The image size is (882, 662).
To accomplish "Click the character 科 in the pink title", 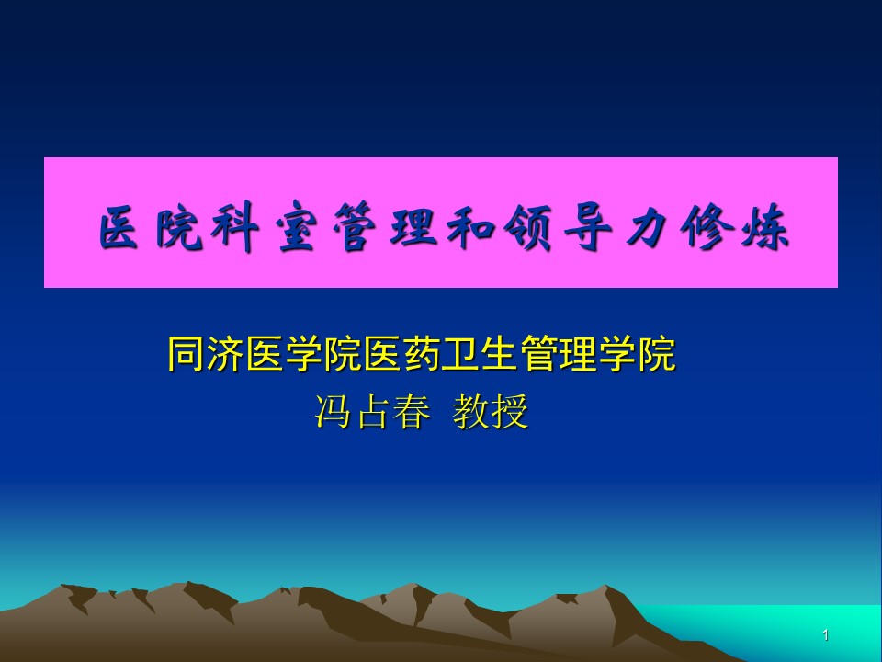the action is (x=235, y=227).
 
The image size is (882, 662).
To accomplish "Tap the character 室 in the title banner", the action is (x=295, y=227).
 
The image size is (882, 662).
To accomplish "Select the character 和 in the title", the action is (x=470, y=227).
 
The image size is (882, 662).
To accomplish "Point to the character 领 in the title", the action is (x=528, y=227).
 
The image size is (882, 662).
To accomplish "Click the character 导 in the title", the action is (x=587, y=227).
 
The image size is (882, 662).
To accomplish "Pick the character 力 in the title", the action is (x=647, y=227).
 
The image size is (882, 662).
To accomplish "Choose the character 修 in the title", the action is (x=706, y=227).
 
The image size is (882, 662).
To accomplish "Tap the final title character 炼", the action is (x=764, y=227).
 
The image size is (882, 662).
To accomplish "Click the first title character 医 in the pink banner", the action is (x=119, y=227).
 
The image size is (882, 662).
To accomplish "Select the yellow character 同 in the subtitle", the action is (x=187, y=353).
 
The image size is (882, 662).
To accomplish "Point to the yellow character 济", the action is (x=225, y=353).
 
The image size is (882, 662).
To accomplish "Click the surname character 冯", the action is (x=333, y=411).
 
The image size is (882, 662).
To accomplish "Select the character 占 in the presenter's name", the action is (x=372, y=411).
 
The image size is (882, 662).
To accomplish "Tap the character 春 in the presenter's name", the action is (x=412, y=411).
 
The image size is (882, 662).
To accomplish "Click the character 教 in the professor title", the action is (x=470, y=411).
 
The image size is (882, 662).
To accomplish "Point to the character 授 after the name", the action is (x=510, y=411).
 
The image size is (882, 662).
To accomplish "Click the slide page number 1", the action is (x=825, y=635).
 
